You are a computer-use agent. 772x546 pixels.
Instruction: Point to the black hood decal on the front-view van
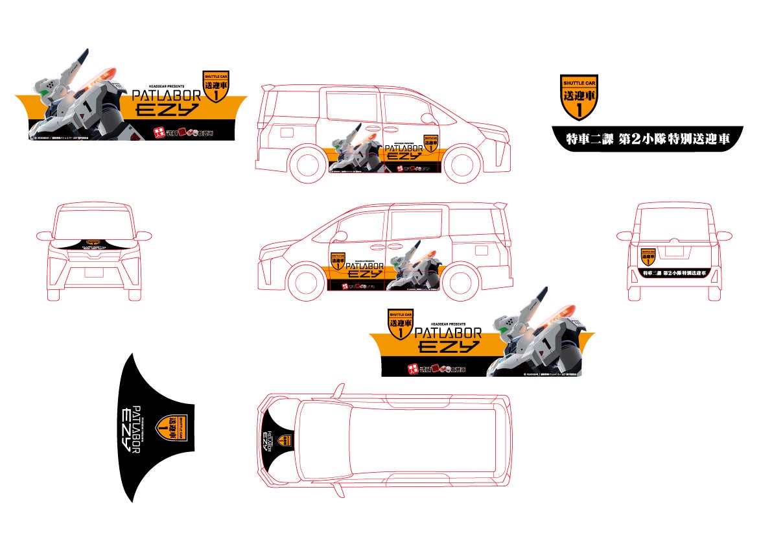[x=93, y=244]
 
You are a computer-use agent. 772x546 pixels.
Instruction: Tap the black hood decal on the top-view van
[x=275, y=442]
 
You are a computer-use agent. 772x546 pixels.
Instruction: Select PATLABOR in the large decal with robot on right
[x=448, y=333]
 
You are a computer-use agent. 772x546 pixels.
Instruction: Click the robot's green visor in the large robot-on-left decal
[x=43, y=93]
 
